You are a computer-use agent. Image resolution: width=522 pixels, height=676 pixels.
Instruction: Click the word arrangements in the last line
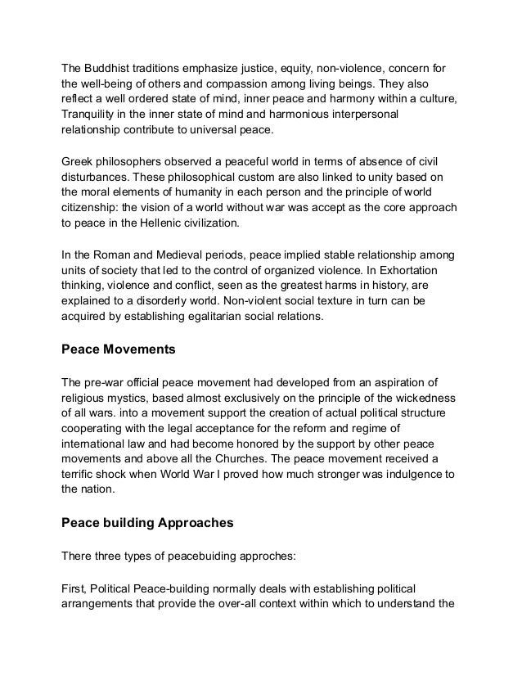101,603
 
